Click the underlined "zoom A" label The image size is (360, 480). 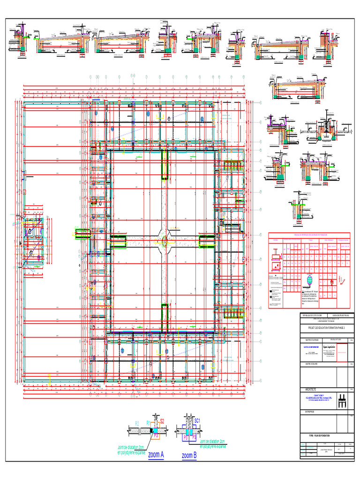point(156,455)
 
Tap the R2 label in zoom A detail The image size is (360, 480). point(137,424)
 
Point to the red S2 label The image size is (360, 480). point(162,421)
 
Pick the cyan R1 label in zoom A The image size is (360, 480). point(148,423)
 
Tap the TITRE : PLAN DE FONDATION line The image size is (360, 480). point(319,436)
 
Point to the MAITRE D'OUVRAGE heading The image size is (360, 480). point(309,339)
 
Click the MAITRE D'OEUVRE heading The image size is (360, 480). point(309,363)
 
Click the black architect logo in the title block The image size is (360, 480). point(342,401)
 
